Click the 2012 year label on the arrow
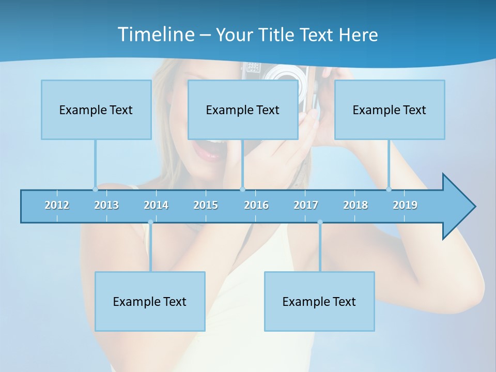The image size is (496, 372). (x=57, y=205)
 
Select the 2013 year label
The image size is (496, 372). (x=106, y=205)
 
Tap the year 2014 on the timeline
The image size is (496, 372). (x=156, y=205)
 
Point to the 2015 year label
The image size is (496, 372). (x=206, y=205)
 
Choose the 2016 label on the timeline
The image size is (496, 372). (x=256, y=205)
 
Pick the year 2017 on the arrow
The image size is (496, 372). (x=306, y=205)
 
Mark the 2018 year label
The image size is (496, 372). (x=355, y=205)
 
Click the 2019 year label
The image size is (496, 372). (x=405, y=205)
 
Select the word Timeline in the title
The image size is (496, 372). (x=156, y=35)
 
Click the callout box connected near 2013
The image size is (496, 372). (x=96, y=110)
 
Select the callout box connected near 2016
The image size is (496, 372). (x=243, y=110)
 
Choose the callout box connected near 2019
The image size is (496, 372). (x=390, y=110)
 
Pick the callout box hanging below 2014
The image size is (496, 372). (x=150, y=301)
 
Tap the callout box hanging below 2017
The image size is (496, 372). (x=319, y=301)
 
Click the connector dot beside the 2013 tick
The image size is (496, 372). (x=95, y=189)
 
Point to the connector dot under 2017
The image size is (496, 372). (x=320, y=222)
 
